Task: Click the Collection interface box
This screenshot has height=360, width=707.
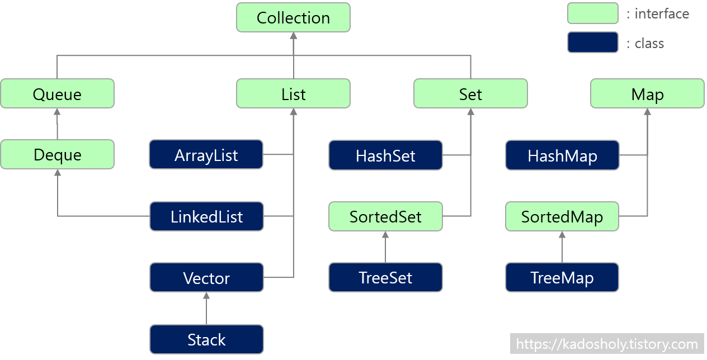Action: (x=293, y=17)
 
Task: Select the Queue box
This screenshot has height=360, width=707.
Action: (x=57, y=93)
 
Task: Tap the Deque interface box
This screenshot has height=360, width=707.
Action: (x=57, y=154)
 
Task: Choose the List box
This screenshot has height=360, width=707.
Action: (x=293, y=93)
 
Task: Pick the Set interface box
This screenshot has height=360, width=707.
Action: (x=470, y=93)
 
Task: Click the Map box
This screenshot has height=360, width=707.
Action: (x=647, y=93)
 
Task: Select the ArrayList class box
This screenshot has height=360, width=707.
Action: (x=206, y=154)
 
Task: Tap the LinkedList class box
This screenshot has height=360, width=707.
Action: (x=206, y=216)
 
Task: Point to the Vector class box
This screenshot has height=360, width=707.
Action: (x=206, y=277)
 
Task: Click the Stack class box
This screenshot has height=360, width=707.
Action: (x=206, y=339)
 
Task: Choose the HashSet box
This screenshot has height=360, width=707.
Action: (x=385, y=154)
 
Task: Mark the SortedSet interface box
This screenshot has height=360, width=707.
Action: (x=385, y=216)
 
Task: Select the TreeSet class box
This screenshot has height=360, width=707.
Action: (x=385, y=277)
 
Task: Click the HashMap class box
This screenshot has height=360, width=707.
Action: (x=562, y=154)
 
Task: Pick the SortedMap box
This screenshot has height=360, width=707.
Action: (x=562, y=216)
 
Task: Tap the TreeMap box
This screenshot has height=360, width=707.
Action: (x=562, y=277)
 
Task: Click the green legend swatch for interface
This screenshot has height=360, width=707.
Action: (x=592, y=13)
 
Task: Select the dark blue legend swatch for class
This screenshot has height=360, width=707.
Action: (x=592, y=42)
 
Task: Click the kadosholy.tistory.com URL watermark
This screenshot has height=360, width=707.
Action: (x=607, y=344)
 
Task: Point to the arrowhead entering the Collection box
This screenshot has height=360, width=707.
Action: (x=293, y=36)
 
